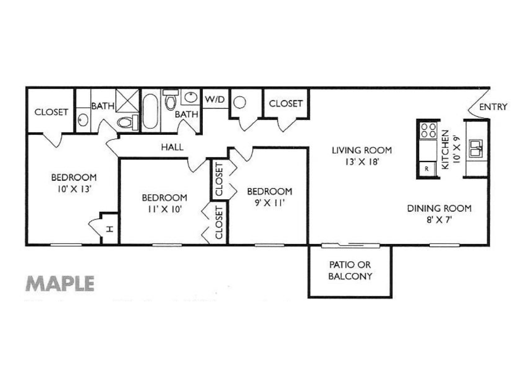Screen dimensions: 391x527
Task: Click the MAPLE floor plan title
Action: (60, 283)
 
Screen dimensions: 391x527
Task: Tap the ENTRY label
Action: (493, 107)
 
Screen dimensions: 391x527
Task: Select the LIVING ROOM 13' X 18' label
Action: (361, 155)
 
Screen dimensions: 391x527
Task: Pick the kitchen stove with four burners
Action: (428, 130)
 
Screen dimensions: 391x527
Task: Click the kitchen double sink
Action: (476, 148)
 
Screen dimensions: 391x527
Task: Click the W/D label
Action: (214, 100)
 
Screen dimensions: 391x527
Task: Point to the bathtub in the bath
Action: (150, 111)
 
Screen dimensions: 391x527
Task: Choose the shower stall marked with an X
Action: (127, 100)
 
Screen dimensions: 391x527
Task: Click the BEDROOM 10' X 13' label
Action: (73, 183)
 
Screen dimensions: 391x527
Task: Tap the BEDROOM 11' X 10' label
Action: (164, 203)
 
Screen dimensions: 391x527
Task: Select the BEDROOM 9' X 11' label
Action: (269, 197)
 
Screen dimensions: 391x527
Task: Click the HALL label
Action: (172, 147)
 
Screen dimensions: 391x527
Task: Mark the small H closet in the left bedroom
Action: (110, 228)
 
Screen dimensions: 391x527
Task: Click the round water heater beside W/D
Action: (240, 102)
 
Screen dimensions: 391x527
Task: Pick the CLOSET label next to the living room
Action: (286, 103)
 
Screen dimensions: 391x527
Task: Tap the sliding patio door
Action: (350, 245)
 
